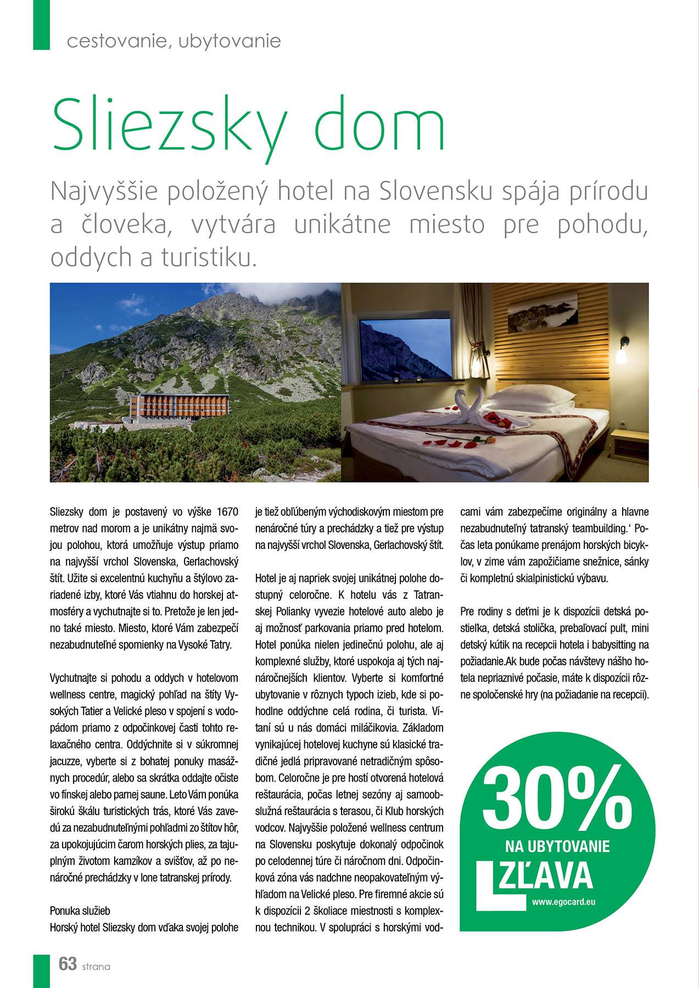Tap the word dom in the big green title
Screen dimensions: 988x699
click(378, 123)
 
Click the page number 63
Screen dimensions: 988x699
click(67, 963)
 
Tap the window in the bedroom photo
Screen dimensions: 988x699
click(406, 346)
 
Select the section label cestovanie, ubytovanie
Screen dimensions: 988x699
click(174, 41)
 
